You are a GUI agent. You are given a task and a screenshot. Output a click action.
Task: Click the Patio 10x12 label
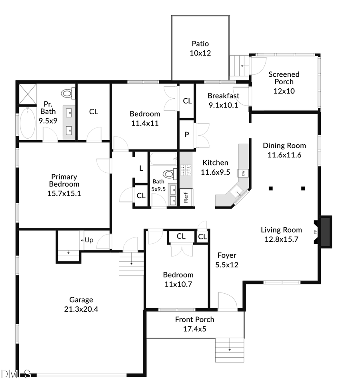coord(200,48)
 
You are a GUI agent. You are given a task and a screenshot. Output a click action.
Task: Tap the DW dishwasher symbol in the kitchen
coord(242,173)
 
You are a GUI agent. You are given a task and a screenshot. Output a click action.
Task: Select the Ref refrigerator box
coord(186,197)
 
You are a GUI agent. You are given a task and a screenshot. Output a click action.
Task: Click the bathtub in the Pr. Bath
coord(28,123)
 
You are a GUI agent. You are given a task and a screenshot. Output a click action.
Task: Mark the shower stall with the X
coord(28,94)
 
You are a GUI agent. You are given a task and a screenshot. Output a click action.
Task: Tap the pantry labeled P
coord(186,135)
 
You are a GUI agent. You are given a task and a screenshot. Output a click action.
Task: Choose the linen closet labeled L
coord(140,168)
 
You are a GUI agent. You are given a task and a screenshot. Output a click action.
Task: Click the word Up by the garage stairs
coord(89,240)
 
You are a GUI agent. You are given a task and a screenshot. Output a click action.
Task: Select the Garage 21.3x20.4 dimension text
coord(81,308)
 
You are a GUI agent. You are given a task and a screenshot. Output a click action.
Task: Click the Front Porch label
coord(194,319)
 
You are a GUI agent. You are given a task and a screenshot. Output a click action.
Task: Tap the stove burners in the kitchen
coord(186,171)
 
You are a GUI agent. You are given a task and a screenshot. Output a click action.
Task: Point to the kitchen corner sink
coord(238,194)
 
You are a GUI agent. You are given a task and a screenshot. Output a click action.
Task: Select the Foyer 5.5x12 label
coord(226,260)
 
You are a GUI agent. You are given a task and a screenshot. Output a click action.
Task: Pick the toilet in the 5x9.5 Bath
coord(170,174)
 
